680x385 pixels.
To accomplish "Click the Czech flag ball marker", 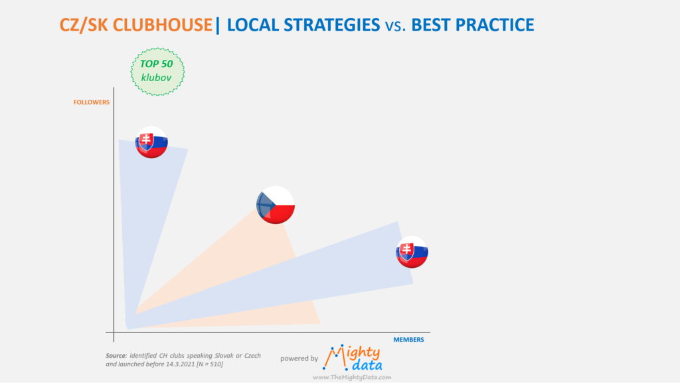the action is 276,205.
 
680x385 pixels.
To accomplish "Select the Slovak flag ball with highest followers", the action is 151,142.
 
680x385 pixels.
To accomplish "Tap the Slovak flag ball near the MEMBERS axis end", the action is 412,252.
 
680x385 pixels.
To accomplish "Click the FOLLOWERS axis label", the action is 92,102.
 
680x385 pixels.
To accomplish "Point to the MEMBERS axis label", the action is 408,340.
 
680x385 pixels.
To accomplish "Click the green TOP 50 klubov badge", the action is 157,72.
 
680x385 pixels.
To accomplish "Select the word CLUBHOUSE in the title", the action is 163,25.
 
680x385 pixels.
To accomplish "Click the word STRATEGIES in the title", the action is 332,25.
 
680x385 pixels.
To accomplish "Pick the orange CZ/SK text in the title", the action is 84,25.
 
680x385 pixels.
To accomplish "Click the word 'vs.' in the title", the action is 396,26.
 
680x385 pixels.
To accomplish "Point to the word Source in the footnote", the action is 116,356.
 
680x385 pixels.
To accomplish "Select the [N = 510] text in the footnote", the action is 210,364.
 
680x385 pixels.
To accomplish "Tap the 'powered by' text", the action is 299,358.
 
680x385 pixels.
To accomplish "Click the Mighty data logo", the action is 352,358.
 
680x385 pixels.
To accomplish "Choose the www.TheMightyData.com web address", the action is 352,377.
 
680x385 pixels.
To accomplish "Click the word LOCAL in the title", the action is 253,25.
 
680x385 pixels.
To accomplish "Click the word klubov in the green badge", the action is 156,78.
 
